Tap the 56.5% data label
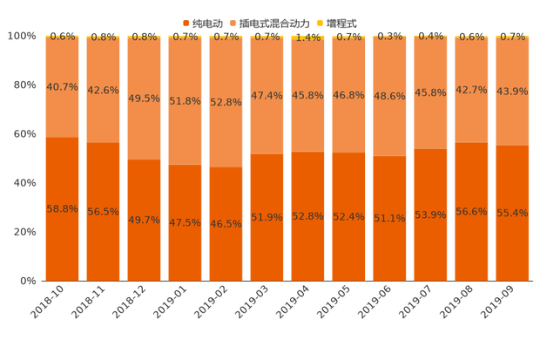[x=103, y=212]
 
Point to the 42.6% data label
[x=103, y=90]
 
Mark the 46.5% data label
[x=226, y=224]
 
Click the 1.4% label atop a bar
[x=307, y=37]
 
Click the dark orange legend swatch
[x=186, y=22]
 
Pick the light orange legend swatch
[x=232, y=22]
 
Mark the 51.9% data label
[x=267, y=217]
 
